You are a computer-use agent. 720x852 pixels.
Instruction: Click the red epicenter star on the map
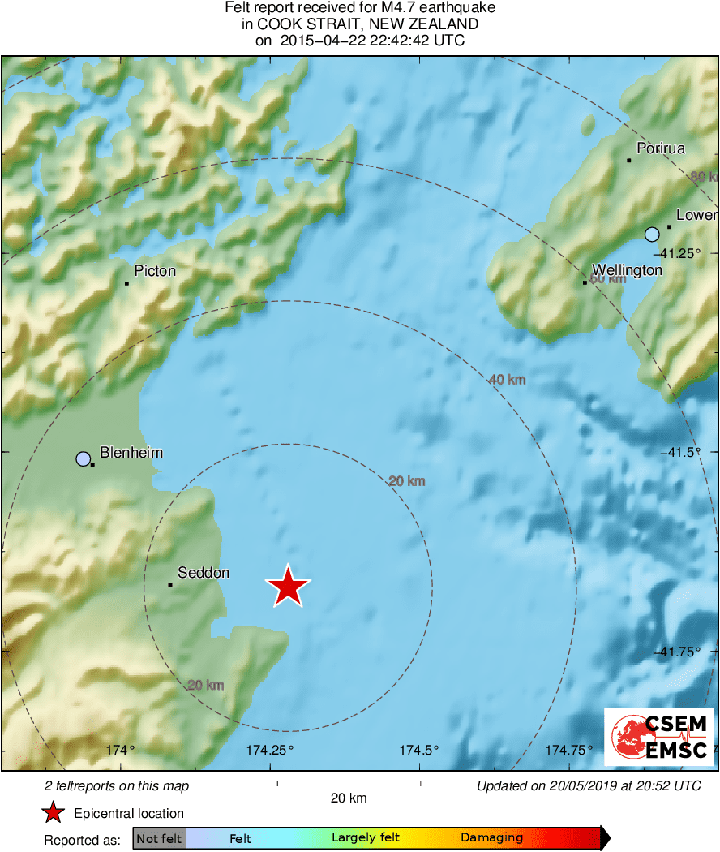tap(288, 586)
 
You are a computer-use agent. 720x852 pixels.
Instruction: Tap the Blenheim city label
tap(131, 453)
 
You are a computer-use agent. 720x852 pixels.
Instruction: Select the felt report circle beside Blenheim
tap(83, 459)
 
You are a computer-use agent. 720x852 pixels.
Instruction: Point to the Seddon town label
tap(204, 573)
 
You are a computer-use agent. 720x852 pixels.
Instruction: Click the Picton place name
tap(155, 271)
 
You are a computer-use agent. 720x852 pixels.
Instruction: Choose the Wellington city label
tap(627, 270)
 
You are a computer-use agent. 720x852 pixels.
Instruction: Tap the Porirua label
tap(661, 148)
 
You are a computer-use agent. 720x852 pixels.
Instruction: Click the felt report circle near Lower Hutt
tap(652, 235)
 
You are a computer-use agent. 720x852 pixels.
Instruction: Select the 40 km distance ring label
tap(508, 379)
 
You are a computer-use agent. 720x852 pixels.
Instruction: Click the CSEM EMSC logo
tap(658, 737)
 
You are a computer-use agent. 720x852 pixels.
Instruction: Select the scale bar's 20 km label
tap(349, 798)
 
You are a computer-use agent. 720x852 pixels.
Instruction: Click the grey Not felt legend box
tap(159, 838)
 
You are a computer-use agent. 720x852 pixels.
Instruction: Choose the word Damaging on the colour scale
tap(491, 838)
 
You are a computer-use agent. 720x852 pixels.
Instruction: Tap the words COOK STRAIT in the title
tap(312, 24)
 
